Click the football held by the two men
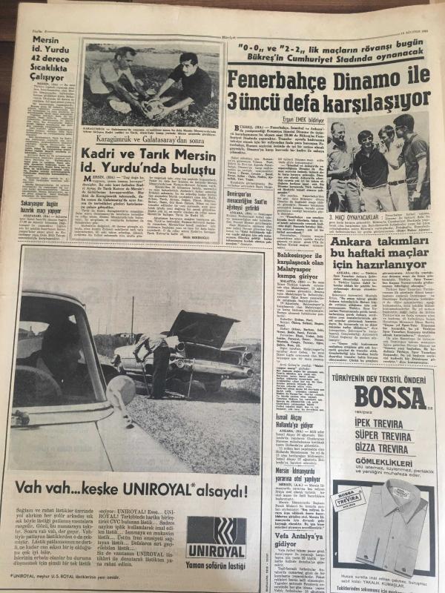154,108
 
